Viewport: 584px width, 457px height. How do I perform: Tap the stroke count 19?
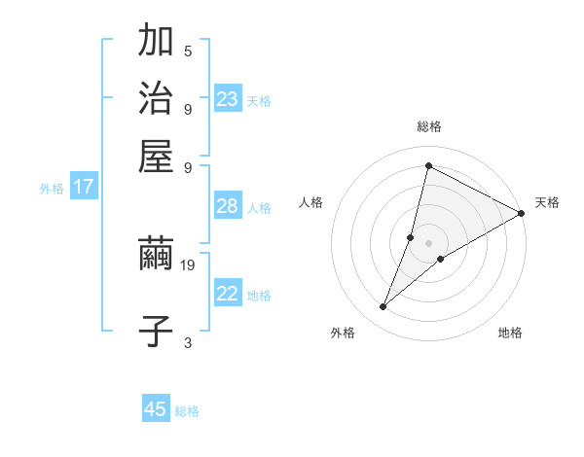(189, 264)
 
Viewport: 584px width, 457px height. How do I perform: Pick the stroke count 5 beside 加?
(188, 51)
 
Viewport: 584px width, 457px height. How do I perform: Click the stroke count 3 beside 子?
(188, 342)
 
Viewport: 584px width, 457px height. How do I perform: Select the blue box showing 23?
(228, 99)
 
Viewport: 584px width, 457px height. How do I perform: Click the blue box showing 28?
(227, 206)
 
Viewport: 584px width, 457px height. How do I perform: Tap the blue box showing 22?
(228, 294)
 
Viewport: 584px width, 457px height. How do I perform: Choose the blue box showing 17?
(83, 187)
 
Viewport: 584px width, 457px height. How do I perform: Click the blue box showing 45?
(156, 409)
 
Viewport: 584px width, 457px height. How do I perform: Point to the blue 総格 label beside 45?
(188, 411)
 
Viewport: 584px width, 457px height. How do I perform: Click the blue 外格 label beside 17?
(52, 189)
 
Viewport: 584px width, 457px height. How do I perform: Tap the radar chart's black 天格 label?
(547, 202)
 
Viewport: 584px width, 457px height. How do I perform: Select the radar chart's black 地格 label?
(510, 333)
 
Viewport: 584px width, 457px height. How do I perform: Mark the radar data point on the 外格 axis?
(383, 307)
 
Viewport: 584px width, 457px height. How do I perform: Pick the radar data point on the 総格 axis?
(428, 166)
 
